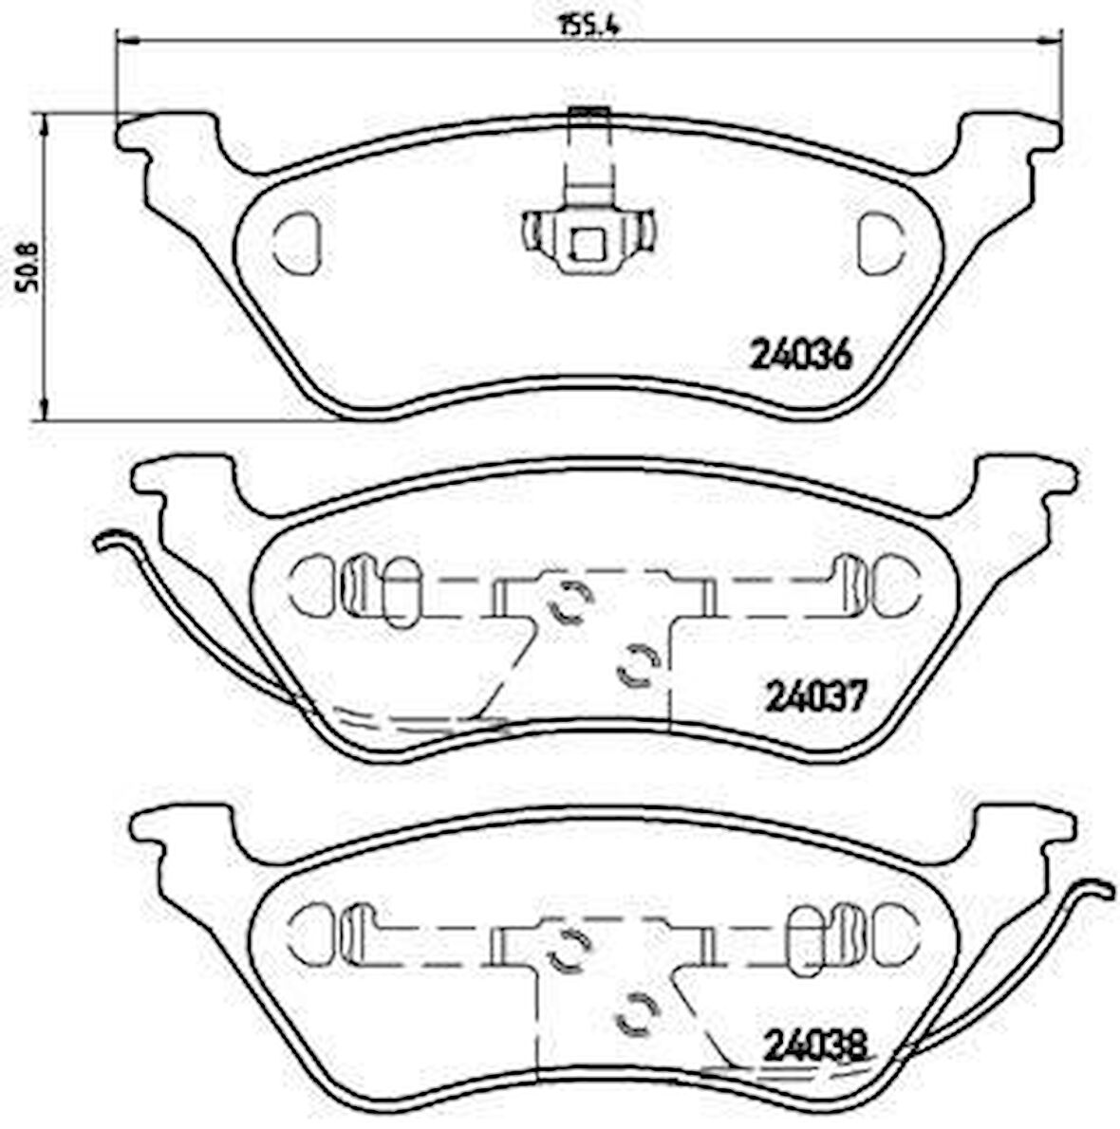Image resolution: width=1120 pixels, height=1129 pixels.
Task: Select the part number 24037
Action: pyautogui.click(x=815, y=699)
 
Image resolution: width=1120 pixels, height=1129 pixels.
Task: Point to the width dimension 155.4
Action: pyautogui.click(x=588, y=26)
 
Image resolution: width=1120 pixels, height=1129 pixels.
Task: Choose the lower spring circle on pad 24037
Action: pyautogui.click(x=637, y=663)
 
